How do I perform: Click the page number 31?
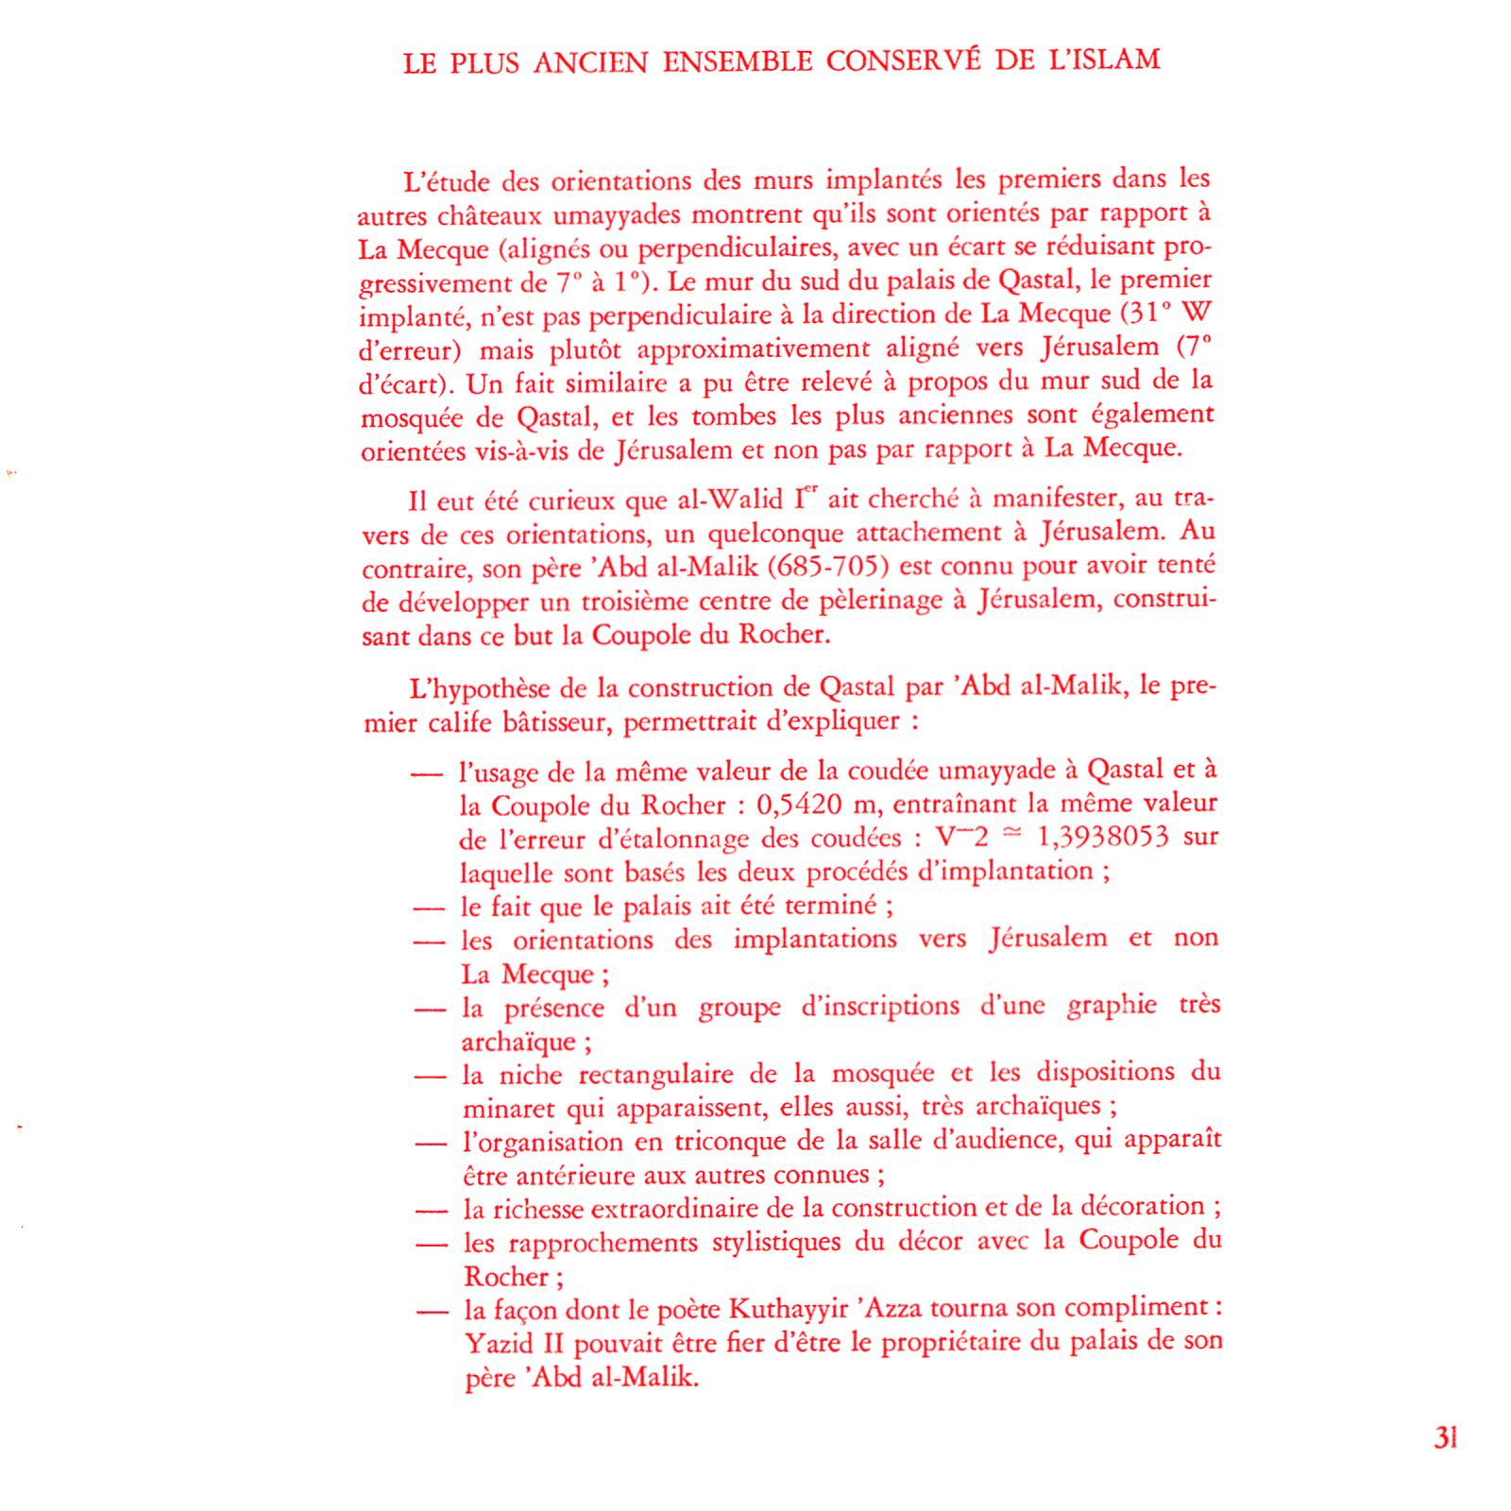[x=1445, y=1438]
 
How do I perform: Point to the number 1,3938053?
[x=1102, y=838]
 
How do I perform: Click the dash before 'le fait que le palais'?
[x=429, y=908]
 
